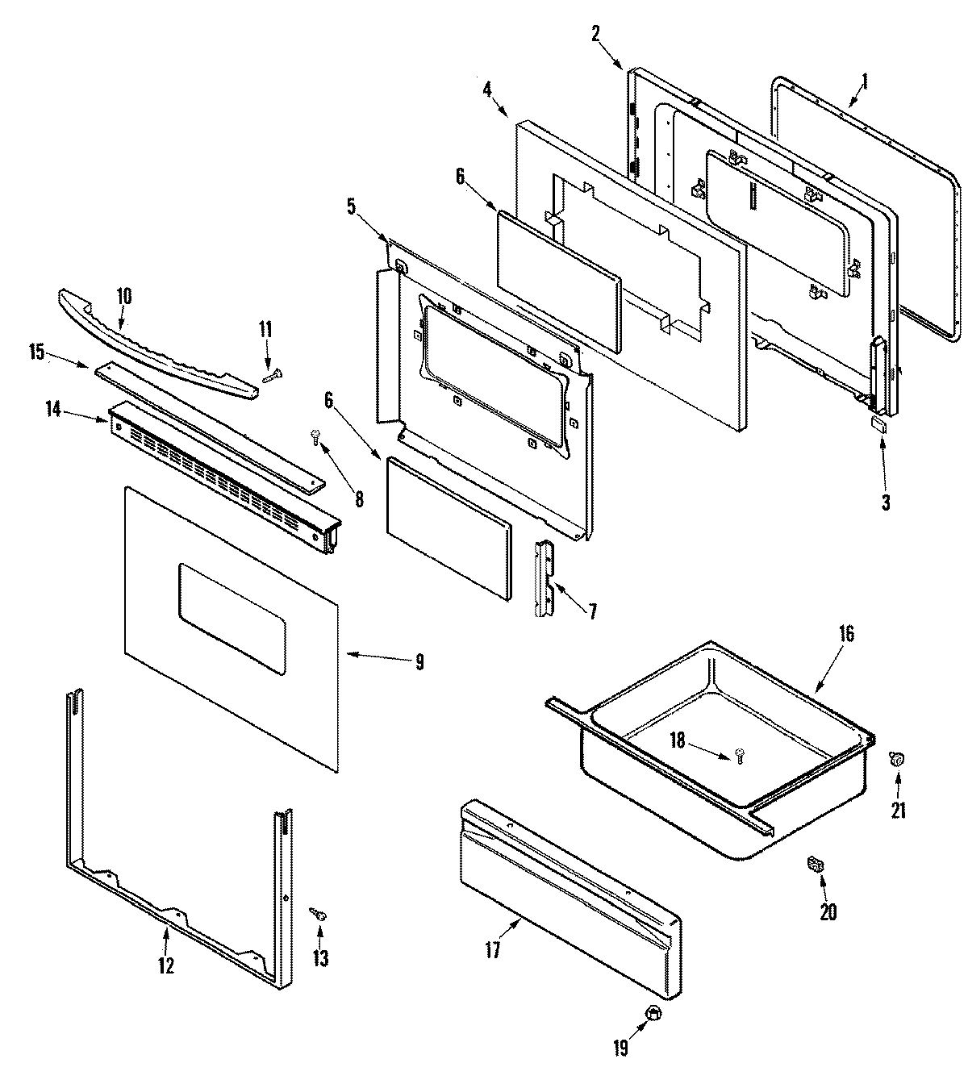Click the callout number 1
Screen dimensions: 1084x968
click(x=865, y=81)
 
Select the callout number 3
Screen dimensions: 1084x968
click(x=886, y=502)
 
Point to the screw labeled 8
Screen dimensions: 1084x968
click(x=315, y=437)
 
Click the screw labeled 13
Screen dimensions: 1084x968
click(x=319, y=915)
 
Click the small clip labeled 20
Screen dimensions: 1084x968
click(x=816, y=865)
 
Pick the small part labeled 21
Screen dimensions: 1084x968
click(x=895, y=757)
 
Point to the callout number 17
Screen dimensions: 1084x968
click(x=493, y=951)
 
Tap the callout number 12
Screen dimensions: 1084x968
click(x=165, y=965)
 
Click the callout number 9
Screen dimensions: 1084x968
click(x=419, y=662)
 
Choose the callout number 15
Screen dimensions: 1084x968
click(x=35, y=352)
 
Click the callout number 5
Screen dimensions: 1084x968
click(x=351, y=206)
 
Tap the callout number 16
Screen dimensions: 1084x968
click(x=845, y=634)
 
